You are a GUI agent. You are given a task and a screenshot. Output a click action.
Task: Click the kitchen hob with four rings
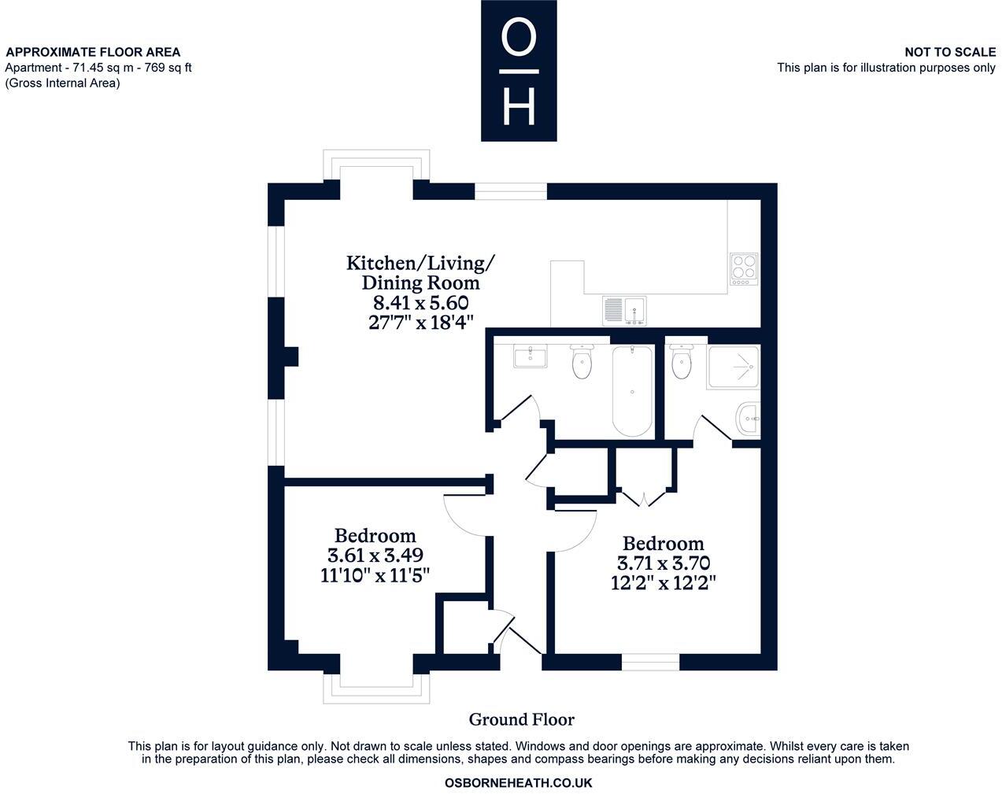[744, 268]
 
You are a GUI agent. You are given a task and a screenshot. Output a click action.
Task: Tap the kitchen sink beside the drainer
[635, 310]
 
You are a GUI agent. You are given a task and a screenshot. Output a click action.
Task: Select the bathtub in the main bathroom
[632, 391]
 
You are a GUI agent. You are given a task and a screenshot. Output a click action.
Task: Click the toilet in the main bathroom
[582, 361]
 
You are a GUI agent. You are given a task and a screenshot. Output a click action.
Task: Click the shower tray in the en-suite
[734, 367]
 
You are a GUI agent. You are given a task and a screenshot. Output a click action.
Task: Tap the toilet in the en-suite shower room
[682, 361]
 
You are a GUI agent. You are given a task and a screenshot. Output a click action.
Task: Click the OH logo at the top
[519, 71]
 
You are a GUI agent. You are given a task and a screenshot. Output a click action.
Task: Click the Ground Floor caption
[521, 719]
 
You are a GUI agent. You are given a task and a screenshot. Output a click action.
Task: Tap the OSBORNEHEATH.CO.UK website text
[518, 783]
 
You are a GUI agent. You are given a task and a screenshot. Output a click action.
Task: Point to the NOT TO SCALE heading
[949, 52]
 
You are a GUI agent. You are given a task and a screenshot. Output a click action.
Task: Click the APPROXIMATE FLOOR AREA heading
[93, 52]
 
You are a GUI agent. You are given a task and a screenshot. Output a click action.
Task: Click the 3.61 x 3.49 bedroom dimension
[375, 555]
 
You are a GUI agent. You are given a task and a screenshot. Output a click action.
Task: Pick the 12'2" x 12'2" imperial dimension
[663, 583]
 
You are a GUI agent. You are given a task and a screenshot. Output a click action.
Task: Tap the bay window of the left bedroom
[376, 689]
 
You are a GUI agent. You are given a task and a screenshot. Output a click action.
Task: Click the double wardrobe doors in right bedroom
[644, 497]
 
